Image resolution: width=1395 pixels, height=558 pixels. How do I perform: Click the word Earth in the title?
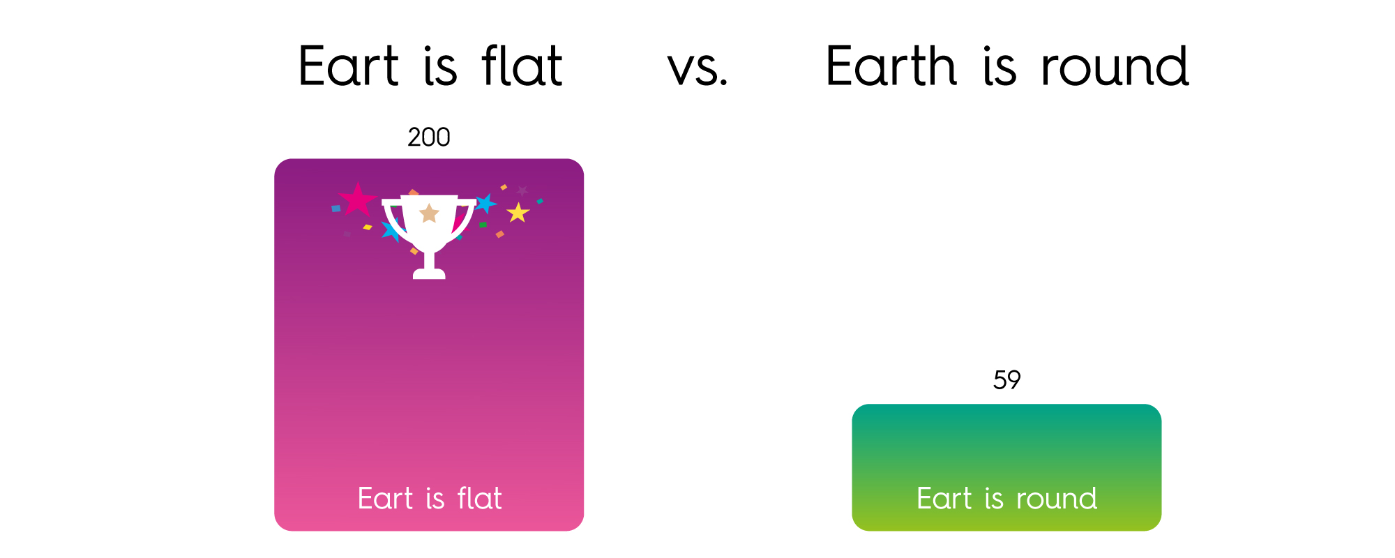point(891,66)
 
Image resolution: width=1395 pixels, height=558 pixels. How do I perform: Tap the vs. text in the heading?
point(697,70)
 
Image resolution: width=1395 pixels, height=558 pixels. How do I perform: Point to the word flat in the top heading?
point(522,66)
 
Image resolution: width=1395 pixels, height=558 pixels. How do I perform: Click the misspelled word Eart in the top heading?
point(349,66)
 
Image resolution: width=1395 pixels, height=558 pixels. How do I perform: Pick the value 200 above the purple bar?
point(429,137)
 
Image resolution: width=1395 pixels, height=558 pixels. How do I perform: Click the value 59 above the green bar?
point(1006,380)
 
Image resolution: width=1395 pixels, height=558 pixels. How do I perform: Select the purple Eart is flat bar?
point(429,345)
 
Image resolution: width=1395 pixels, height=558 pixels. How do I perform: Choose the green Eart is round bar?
point(1006,467)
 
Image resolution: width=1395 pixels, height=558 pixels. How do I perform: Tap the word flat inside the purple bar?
point(480,498)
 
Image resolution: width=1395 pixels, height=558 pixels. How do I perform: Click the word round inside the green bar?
point(1057,499)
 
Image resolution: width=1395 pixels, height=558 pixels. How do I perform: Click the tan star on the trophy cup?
point(429,213)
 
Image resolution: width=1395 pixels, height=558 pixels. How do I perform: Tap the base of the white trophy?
point(429,273)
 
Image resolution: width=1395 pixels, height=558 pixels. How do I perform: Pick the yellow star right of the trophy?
point(518,212)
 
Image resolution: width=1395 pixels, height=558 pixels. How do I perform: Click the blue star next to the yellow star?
point(485,204)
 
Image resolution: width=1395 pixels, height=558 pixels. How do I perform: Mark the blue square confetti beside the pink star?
point(336,209)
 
